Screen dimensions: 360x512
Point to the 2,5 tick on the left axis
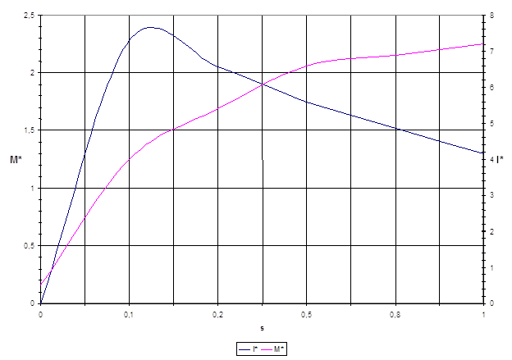[29, 16]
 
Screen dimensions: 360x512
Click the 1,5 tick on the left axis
[29, 130]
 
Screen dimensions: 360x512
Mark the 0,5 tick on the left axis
[29, 246]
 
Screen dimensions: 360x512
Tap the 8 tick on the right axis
[491, 16]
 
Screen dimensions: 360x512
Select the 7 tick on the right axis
[491, 52]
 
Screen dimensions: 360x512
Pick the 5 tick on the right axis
[491, 124]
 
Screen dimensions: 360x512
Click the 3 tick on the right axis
[491, 195]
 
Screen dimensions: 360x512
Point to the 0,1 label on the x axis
[129, 314]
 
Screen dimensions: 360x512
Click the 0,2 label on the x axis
[217, 314]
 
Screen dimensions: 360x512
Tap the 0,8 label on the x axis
[395, 314]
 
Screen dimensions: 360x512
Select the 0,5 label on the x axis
[306, 314]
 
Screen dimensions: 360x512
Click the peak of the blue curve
[150, 27]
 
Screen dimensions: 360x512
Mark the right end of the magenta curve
[483, 44]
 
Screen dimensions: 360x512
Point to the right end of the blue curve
[483, 153]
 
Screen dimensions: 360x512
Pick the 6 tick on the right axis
[491, 88]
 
